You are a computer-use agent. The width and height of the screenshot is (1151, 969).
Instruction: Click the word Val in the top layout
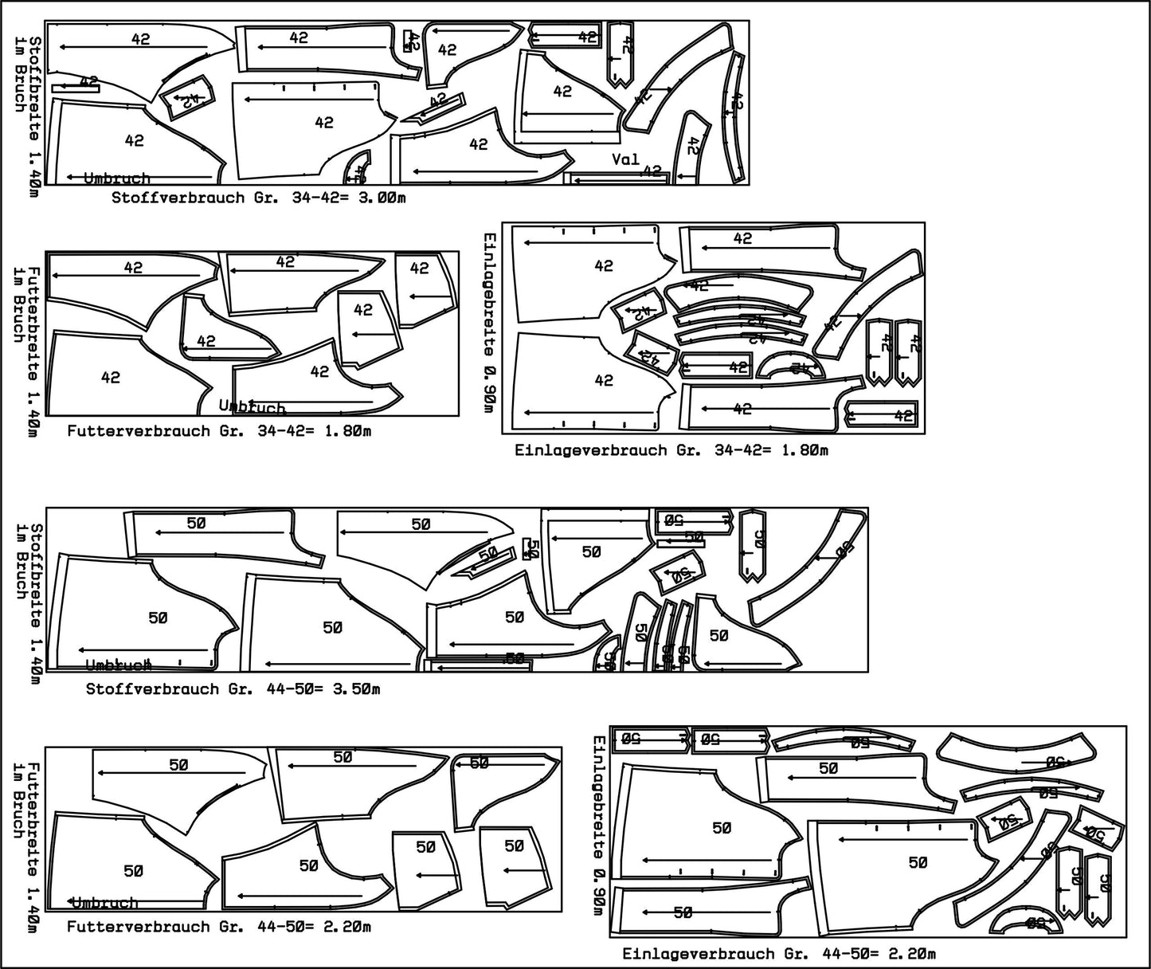[x=625, y=159]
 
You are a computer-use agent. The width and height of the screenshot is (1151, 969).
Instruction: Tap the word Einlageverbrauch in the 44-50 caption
[x=684, y=954]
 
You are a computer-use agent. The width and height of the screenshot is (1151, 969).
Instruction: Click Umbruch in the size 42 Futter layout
[x=252, y=407]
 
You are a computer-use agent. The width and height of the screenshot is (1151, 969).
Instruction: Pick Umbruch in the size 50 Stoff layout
[x=118, y=665]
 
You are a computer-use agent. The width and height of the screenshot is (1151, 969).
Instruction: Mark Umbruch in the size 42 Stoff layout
[x=116, y=178]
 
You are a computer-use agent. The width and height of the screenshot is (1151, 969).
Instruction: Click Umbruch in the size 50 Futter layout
[x=105, y=903]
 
